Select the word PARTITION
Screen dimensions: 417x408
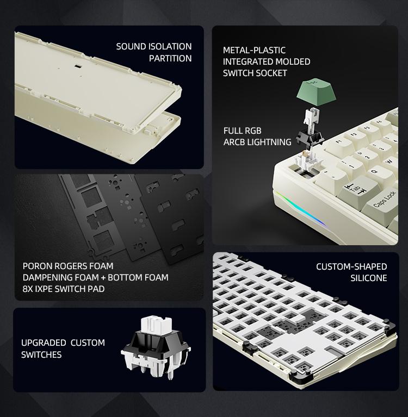[170, 58]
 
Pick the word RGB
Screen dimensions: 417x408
[252, 130]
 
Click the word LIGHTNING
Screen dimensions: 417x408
[268, 142]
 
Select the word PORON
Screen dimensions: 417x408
[38, 266]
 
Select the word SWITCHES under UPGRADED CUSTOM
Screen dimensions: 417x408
[41, 354]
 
